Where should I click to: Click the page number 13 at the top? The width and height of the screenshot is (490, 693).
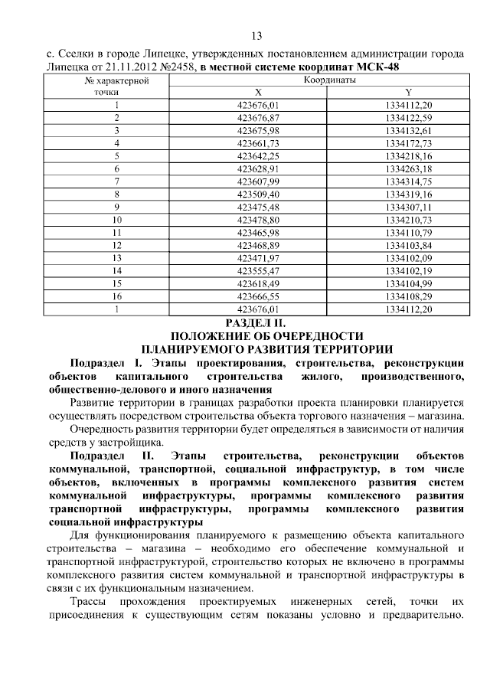click(x=256, y=36)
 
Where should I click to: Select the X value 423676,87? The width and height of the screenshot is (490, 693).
click(x=259, y=117)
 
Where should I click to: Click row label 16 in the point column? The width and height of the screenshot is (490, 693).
click(x=117, y=296)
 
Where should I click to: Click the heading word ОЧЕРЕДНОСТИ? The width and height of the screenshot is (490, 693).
click(x=315, y=336)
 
